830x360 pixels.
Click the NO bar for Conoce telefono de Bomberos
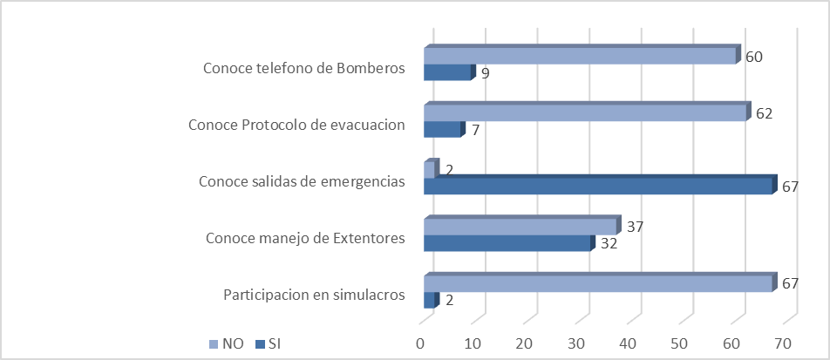[580, 57]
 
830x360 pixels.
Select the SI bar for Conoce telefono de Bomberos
[447, 73]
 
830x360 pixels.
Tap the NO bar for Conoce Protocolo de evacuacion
[585, 114]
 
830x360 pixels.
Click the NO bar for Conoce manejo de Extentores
[520, 228]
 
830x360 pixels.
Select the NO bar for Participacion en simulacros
[598, 285]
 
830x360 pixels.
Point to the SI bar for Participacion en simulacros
[429, 301]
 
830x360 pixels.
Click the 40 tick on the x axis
[628, 343]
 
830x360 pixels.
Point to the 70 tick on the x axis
[783, 343]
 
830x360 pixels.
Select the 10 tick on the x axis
[473, 343]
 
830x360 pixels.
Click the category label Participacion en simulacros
[314, 294]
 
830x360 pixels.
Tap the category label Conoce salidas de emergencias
[302, 181]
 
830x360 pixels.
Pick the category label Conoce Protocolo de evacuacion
[296, 125]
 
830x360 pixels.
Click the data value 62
[765, 114]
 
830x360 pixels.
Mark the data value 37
[636, 228]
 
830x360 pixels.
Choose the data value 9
[485, 74]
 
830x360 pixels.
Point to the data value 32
[609, 244]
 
